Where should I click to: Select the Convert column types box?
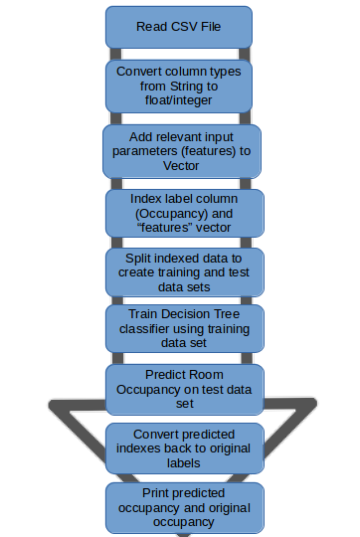[x=179, y=87]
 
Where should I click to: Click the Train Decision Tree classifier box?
[x=181, y=327]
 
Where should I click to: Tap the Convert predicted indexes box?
[x=185, y=448]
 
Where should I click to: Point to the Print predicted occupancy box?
[x=185, y=506]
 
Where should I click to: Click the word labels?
[x=185, y=462]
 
